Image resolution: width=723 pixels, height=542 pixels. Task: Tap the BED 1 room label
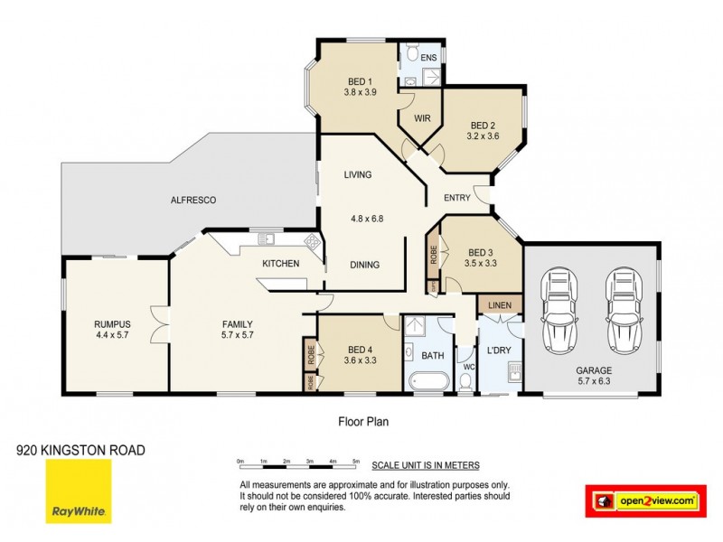click(359, 80)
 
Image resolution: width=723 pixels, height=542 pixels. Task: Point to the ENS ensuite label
click(428, 57)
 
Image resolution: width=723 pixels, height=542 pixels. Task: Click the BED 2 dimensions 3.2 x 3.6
click(484, 136)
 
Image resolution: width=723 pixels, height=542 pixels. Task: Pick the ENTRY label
click(459, 198)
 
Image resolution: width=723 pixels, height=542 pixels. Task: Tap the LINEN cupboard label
click(500, 306)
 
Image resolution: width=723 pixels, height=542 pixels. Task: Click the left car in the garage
click(557, 311)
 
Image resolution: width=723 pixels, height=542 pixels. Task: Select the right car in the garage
click(623, 311)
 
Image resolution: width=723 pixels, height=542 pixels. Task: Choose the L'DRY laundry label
click(500, 350)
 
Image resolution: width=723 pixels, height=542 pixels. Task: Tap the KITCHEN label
click(281, 264)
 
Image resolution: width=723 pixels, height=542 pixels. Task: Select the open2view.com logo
click(644, 500)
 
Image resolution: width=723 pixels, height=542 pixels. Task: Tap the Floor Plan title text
click(362, 420)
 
